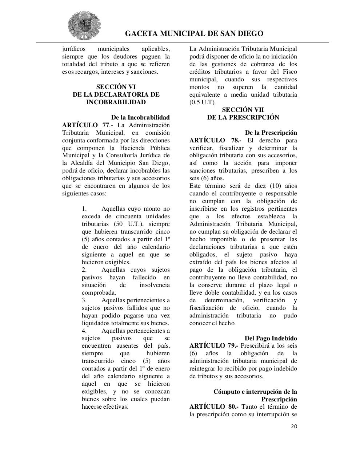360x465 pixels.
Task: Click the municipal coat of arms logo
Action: (84, 26)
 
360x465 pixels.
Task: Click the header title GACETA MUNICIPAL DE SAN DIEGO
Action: (194, 34)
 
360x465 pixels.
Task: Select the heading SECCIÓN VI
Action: (116, 87)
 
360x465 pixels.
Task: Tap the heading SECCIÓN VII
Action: (243, 110)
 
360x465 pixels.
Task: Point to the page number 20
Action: (294, 426)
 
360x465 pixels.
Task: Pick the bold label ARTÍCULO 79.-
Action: (213, 346)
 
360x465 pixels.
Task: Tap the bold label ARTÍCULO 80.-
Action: (213, 407)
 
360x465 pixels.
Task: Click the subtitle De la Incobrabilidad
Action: (140, 117)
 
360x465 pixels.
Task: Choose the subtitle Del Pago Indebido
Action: (271, 338)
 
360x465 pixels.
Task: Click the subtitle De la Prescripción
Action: (271, 133)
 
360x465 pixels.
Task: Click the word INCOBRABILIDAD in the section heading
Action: (116, 102)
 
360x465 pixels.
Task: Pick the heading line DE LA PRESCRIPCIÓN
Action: (243, 117)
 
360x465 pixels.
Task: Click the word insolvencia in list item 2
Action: (154, 285)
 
